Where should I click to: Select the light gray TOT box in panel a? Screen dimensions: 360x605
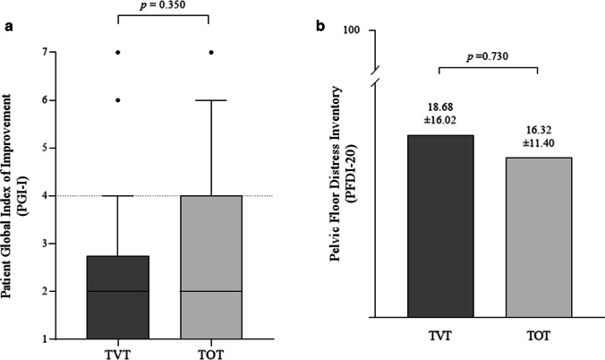(209, 267)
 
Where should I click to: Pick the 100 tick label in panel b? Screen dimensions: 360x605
(350, 30)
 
